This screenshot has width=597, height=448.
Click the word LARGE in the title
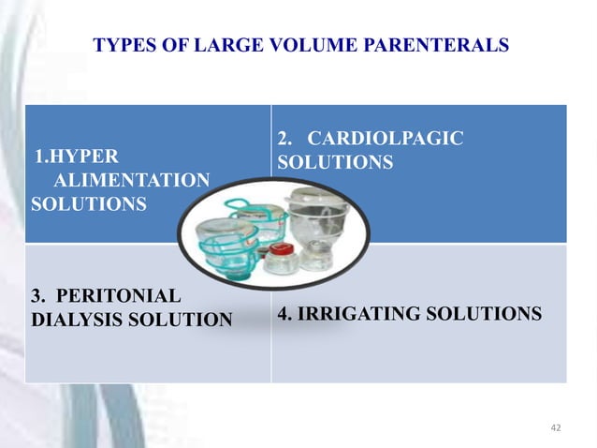[x=229, y=44]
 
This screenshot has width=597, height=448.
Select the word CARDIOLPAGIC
[x=386, y=139]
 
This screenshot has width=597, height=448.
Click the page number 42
[x=556, y=427]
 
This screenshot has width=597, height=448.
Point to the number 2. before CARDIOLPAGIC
[x=284, y=139]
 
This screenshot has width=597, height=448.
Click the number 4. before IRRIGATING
[x=284, y=314]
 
